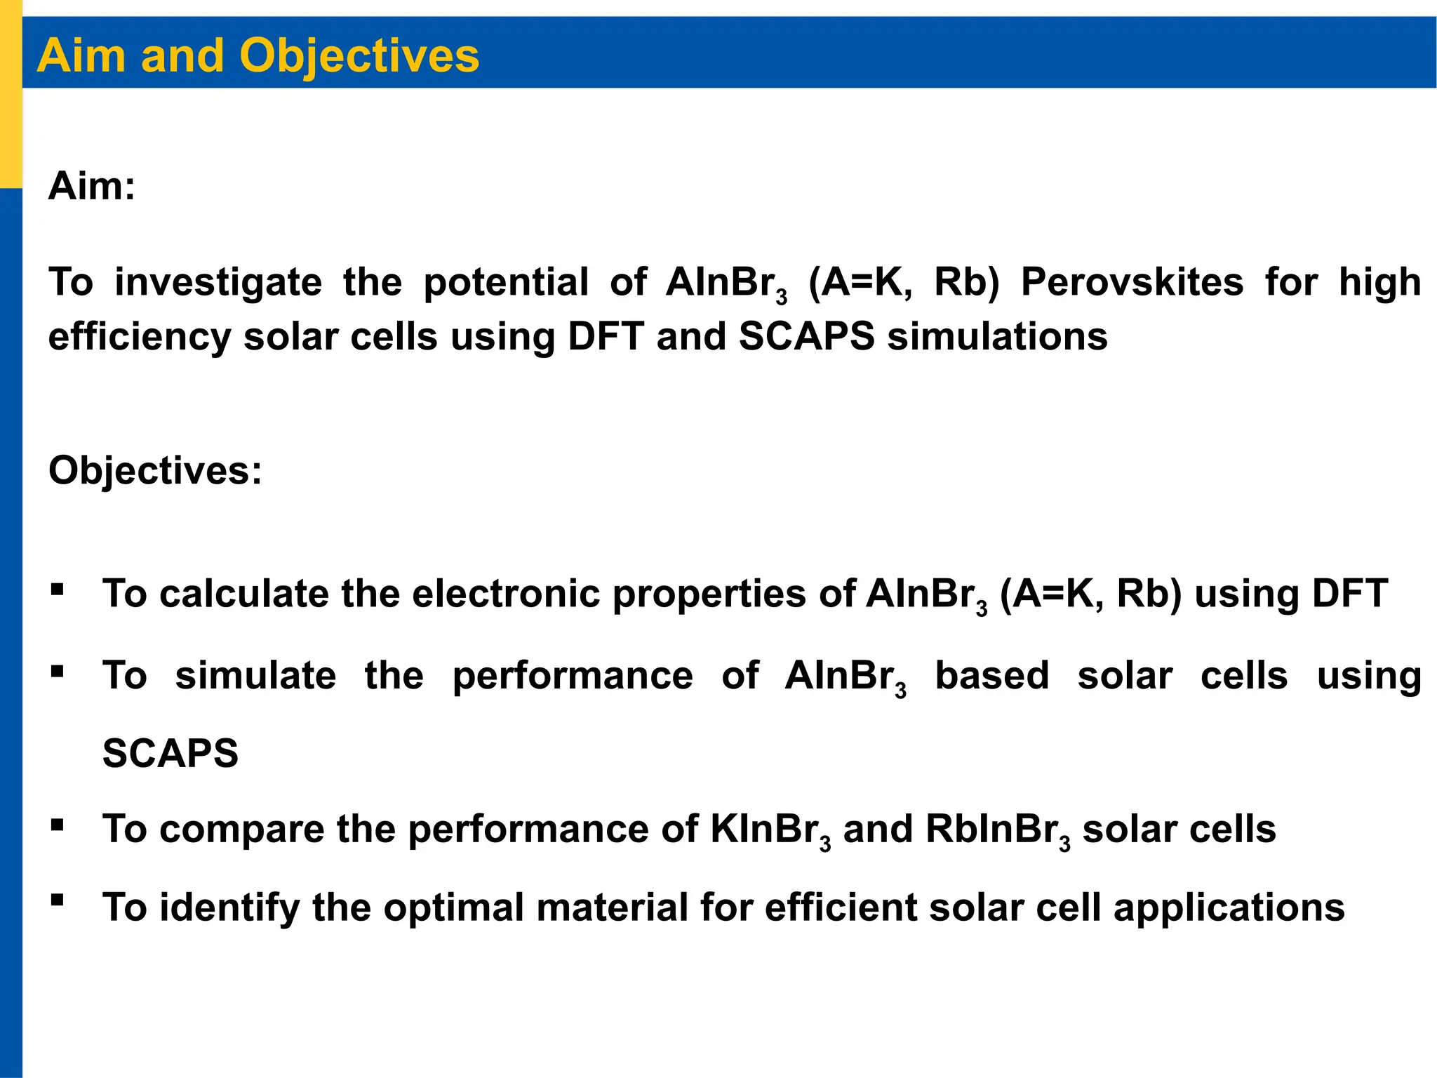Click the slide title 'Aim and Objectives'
(x=258, y=55)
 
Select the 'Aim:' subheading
(x=91, y=187)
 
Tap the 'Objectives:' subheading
(x=155, y=470)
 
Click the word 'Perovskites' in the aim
(x=1131, y=283)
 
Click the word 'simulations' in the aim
(x=997, y=337)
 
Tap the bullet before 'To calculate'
(x=58, y=589)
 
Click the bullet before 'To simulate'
(x=58, y=672)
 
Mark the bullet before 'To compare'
(x=58, y=824)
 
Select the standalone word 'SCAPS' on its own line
(x=171, y=754)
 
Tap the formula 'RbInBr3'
(x=997, y=830)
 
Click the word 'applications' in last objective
(x=1229, y=908)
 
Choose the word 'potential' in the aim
(x=505, y=283)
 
